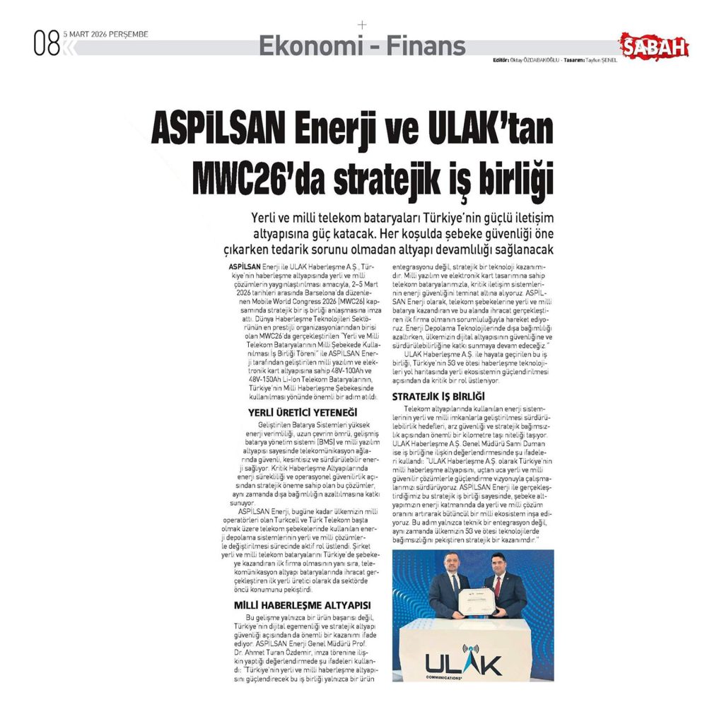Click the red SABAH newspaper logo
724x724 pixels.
[654, 47]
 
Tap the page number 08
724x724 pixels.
[47, 45]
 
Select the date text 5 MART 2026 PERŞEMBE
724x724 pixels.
[105, 33]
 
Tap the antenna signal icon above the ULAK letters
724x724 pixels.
[469, 649]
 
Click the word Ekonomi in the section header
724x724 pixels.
[308, 46]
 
